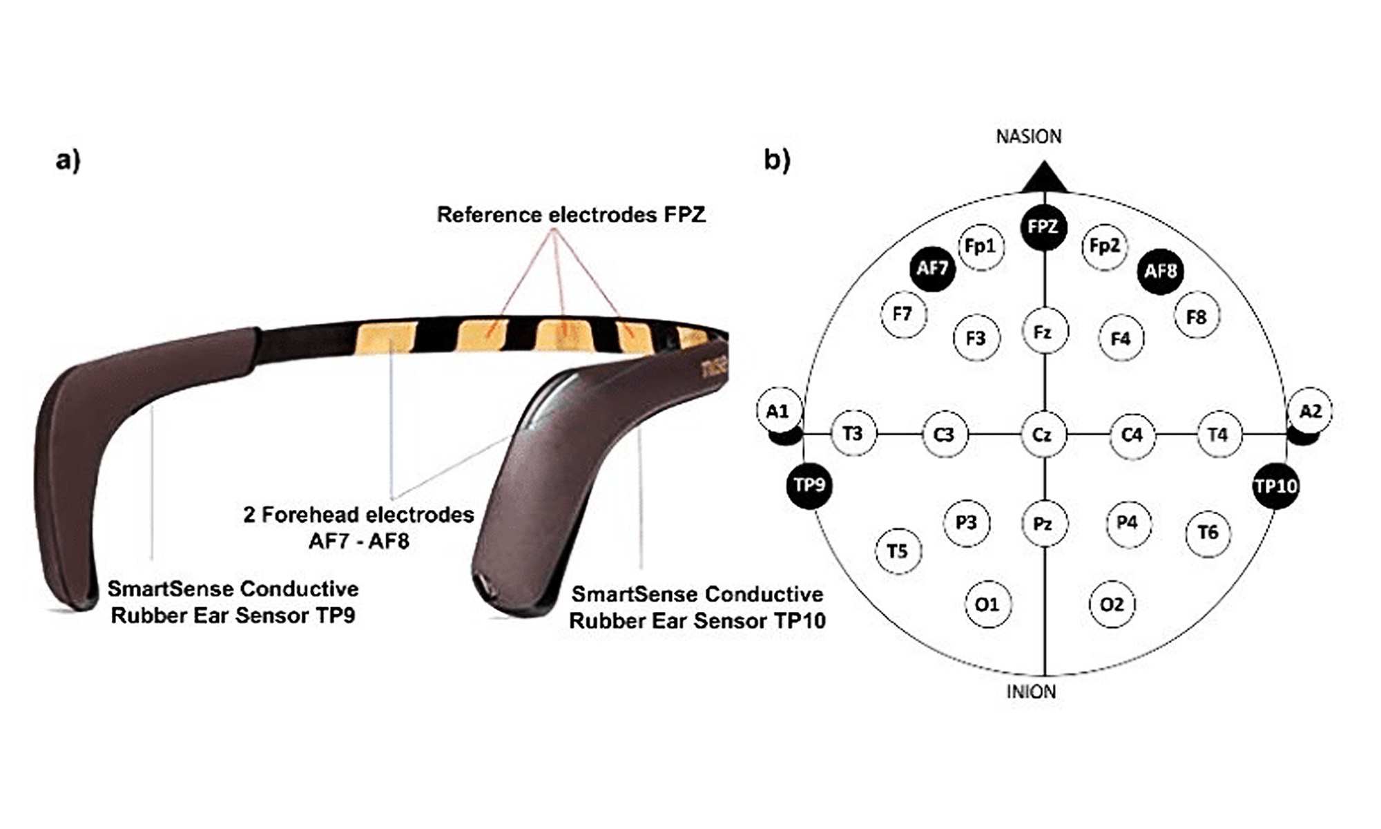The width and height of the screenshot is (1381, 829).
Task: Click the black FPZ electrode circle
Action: (x=1043, y=227)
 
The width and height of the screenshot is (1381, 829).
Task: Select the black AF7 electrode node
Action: (x=932, y=269)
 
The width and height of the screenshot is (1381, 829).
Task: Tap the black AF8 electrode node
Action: (x=1160, y=271)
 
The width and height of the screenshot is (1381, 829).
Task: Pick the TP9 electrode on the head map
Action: (x=809, y=485)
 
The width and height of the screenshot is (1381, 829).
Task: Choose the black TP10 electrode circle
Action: (x=1275, y=486)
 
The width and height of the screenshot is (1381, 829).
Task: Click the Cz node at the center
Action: (x=1043, y=435)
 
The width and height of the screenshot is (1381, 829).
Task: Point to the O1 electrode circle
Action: (x=987, y=605)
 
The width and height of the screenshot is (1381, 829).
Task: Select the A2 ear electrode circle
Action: (x=1310, y=412)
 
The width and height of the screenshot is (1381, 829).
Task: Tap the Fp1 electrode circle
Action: (x=981, y=247)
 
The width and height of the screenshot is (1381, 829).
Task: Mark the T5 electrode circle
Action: (x=898, y=551)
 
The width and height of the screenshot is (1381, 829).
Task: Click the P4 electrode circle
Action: (x=1128, y=523)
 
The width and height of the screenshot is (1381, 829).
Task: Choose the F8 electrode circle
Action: (x=1197, y=317)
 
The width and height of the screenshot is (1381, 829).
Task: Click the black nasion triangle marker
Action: (x=1044, y=179)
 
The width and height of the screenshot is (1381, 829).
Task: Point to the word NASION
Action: (x=1028, y=137)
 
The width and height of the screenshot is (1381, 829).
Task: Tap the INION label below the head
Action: (x=1031, y=692)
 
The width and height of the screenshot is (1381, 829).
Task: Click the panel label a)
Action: (x=68, y=160)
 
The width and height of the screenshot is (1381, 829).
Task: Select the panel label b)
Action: (x=777, y=160)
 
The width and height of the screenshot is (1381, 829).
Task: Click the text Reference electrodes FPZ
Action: (x=571, y=215)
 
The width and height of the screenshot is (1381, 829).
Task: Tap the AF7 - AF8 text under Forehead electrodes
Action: (x=358, y=541)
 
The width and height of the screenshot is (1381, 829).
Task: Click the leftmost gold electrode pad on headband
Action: (x=385, y=338)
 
